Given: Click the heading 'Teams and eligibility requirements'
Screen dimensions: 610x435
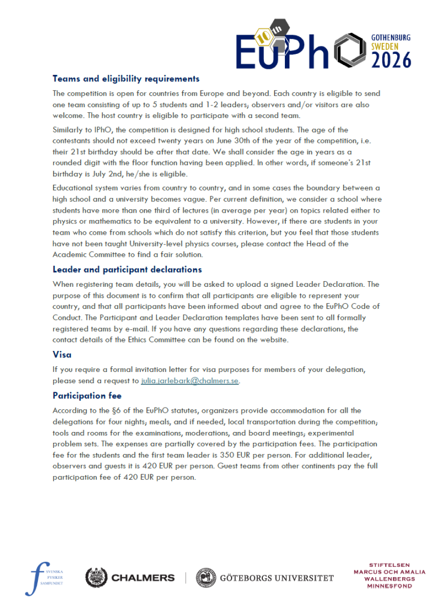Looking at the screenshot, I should (126, 79).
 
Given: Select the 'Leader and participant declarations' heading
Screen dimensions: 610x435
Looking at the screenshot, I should (127, 269).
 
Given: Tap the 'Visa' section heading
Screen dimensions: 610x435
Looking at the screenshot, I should (62, 354).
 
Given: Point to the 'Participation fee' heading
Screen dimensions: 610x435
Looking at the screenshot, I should (87, 395).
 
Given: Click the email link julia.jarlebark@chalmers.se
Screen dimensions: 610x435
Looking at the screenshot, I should (190, 381).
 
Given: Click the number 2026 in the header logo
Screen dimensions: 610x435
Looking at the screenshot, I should (391, 59).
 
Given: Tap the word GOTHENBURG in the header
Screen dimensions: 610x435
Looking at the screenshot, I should (391, 37).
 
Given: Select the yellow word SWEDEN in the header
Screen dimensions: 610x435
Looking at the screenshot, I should (385, 46).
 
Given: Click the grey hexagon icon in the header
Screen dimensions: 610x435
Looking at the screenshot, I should (350, 50).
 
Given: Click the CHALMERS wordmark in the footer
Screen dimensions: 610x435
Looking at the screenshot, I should (143, 578).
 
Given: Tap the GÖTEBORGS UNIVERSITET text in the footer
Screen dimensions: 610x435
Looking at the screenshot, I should (276, 578).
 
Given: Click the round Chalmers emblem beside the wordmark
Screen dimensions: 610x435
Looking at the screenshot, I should (96, 578).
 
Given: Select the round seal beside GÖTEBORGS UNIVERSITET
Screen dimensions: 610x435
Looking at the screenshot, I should (206, 578).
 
